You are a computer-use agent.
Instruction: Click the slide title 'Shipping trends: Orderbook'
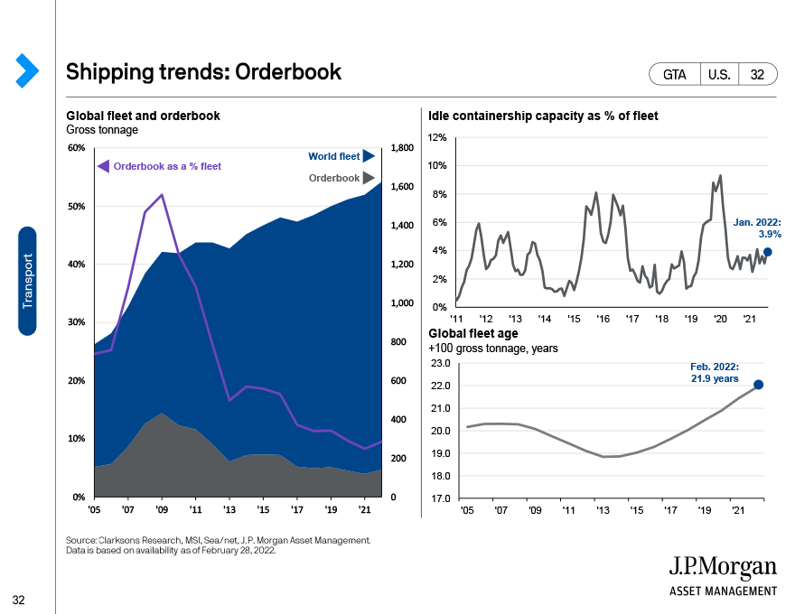(204, 72)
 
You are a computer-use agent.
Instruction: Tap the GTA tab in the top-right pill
(674, 74)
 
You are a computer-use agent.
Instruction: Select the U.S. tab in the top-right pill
(719, 74)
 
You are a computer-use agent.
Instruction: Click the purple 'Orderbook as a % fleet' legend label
(167, 166)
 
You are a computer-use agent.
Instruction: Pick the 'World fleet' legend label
(333, 156)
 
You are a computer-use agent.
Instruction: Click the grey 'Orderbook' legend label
(334, 178)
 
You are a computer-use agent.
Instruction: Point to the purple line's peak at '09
(162, 194)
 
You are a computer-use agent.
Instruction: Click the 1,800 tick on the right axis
(402, 147)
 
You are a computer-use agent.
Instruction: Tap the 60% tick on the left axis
(77, 147)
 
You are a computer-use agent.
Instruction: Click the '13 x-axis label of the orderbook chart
(229, 509)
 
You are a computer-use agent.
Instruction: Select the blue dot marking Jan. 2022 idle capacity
(768, 252)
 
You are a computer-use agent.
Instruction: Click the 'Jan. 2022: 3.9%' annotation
(757, 228)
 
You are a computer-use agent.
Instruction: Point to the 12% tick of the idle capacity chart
(437, 137)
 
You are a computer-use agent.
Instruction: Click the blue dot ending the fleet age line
(759, 385)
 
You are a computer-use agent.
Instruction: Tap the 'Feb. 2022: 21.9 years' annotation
(715, 372)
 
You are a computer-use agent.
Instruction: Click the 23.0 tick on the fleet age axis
(441, 363)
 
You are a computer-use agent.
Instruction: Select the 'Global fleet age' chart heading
(473, 333)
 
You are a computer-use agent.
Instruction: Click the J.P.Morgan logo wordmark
(723, 567)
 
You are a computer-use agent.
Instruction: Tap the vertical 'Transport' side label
(27, 281)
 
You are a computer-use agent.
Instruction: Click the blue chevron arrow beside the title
(27, 70)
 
